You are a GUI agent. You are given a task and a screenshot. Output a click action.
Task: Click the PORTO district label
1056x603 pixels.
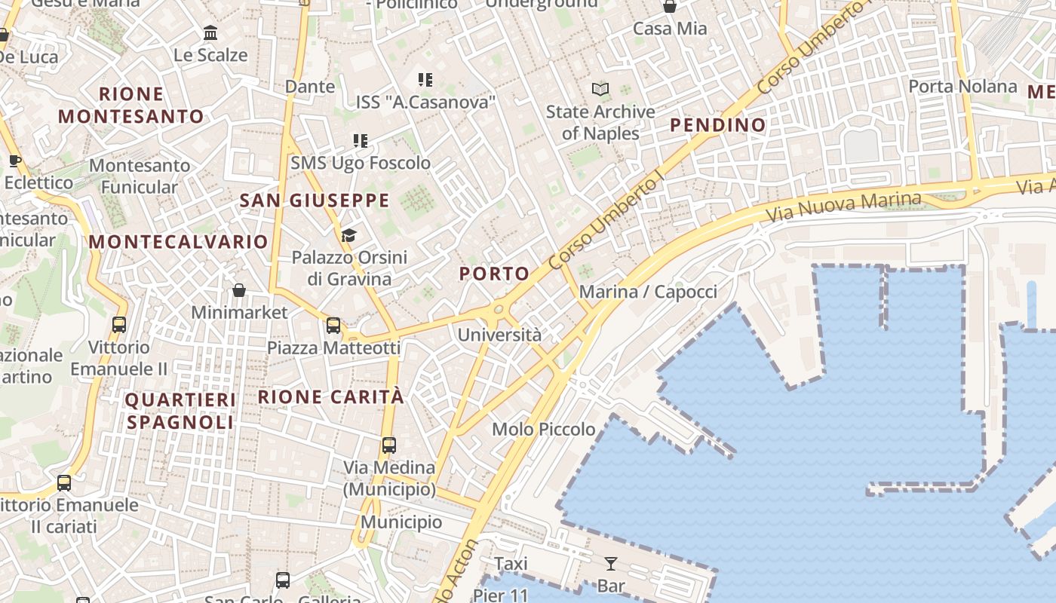(x=494, y=274)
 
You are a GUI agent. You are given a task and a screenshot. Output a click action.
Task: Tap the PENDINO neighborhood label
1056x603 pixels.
(x=717, y=124)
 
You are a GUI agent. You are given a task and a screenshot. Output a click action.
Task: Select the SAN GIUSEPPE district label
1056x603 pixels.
(x=314, y=200)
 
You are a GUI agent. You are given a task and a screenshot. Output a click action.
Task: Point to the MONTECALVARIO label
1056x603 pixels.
(x=178, y=242)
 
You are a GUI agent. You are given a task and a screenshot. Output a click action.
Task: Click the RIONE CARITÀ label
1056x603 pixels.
(x=331, y=396)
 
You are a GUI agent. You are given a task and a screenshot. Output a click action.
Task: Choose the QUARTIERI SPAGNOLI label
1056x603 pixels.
(x=180, y=411)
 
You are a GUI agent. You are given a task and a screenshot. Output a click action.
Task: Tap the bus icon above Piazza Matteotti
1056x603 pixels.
(x=333, y=326)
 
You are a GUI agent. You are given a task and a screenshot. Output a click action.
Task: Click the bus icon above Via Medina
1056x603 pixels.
(x=388, y=445)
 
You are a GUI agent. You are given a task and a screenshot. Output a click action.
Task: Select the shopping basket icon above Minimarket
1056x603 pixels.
(x=238, y=290)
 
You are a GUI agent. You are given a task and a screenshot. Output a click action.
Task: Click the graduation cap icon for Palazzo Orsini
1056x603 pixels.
(x=348, y=236)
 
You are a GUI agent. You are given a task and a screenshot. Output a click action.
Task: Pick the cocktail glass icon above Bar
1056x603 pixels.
(x=610, y=563)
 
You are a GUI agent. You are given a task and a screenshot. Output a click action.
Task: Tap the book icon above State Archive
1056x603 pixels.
(x=600, y=90)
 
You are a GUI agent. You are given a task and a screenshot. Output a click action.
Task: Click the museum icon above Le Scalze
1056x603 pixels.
(x=210, y=33)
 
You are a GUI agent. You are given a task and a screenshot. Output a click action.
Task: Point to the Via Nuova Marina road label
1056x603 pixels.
(x=844, y=206)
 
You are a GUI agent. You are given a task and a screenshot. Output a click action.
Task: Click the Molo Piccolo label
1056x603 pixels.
(x=543, y=429)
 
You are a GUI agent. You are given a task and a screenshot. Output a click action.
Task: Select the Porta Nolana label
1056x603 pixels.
(x=962, y=86)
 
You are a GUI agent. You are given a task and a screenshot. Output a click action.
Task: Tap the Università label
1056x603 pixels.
(x=499, y=335)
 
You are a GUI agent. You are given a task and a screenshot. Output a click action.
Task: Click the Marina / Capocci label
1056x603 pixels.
(x=648, y=292)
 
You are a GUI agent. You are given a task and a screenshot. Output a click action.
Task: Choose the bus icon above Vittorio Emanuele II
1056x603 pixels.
(x=118, y=325)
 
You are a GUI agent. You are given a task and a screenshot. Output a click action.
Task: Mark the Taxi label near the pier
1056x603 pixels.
(x=511, y=563)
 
